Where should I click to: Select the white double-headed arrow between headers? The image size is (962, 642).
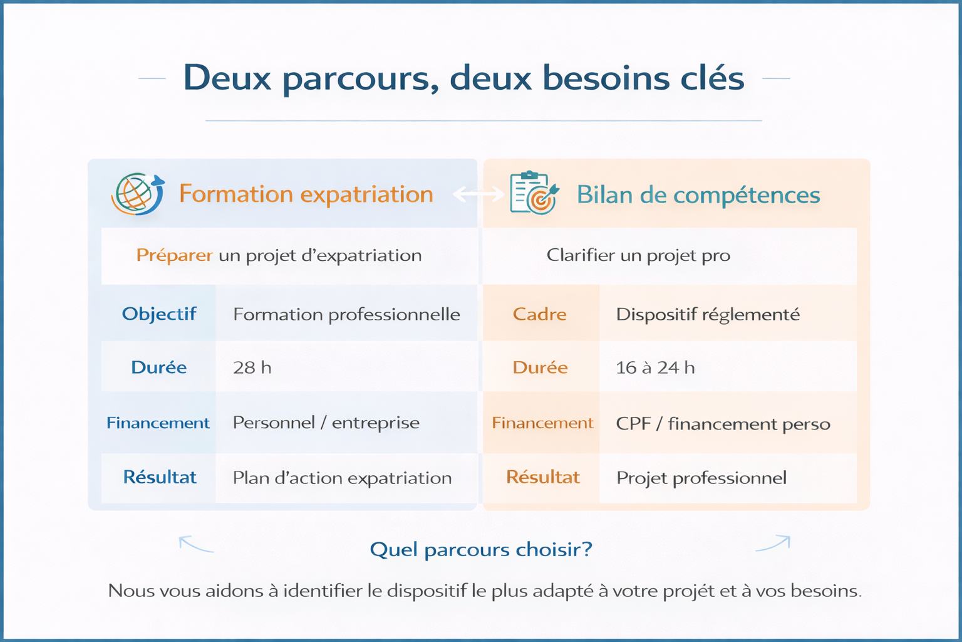[478, 194]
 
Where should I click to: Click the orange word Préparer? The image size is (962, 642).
[174, 255]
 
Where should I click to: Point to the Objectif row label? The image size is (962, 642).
[159, 314]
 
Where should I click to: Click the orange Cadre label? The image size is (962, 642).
[540, 314]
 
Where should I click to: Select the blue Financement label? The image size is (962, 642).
[158, 423]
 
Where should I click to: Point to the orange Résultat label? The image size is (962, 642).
[543, 477]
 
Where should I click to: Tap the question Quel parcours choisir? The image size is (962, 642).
[481, 550]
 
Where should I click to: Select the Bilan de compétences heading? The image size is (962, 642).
[698, 194]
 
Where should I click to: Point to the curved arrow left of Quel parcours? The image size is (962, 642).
[196, 544]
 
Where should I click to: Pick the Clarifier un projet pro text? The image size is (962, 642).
[638, 255]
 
